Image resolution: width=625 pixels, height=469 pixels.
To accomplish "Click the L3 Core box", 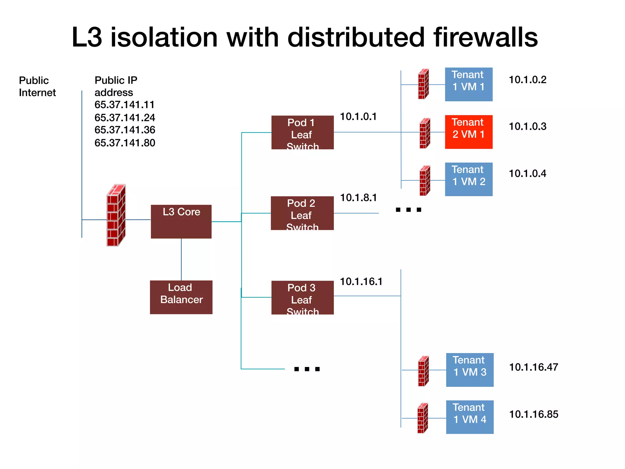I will [181, 221].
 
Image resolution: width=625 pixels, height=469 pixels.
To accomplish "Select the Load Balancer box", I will [181, 297].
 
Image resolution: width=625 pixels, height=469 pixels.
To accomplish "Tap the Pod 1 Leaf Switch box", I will [302, 132].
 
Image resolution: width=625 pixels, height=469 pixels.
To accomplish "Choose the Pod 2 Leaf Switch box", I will [302, 213].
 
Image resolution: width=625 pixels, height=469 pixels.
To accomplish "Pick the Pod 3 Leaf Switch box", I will [302, 297].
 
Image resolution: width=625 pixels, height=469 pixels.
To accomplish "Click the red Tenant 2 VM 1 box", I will [468, 132].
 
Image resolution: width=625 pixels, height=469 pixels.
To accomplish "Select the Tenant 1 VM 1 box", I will [468, 84].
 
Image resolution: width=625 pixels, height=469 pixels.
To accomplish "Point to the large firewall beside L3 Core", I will [116, 215].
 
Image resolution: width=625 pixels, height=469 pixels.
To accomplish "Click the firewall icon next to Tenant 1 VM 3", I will [423, 371].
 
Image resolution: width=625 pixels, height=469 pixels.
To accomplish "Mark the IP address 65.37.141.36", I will [125, 130].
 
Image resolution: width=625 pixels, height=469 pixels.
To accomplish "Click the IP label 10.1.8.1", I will [358, 198].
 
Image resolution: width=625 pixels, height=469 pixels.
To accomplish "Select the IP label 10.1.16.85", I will [533, 414].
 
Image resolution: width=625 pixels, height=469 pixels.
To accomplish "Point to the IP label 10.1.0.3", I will [527, 126].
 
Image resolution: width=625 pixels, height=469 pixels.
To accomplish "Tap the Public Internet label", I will [37, 86].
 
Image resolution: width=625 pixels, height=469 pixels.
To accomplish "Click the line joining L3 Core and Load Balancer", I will [181, 260].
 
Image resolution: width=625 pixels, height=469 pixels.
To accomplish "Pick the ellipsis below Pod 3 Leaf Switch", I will [306, 369].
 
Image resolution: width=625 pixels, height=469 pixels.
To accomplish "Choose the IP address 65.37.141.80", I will [125, 143].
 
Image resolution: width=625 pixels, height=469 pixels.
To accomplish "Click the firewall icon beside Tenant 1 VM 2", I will [424, 180].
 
